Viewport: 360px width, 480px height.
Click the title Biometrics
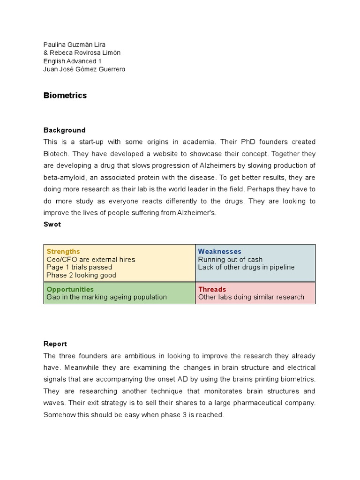click(65, 96)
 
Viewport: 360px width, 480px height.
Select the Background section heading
click(64, 130)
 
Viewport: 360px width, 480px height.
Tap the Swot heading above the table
click(52, 224)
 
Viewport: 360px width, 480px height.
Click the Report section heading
click(55, 344)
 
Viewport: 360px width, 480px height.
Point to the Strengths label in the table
click(63, 252)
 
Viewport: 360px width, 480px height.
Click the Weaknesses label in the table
click(219, 252)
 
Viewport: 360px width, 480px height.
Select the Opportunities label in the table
click(70, 289)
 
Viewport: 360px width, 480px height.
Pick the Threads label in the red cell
click(212, 289)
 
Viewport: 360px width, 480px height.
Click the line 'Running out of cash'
click(230, 260)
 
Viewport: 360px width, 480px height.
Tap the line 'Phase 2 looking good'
click(81, 275)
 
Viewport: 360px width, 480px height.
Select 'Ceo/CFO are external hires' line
click(91, 260)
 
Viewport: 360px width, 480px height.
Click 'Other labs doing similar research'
click(251, 297)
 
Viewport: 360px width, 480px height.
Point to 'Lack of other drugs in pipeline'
click(246, 267)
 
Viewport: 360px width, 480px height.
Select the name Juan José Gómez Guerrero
click(84, 69)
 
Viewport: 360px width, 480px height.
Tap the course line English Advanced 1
click(72, 61)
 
